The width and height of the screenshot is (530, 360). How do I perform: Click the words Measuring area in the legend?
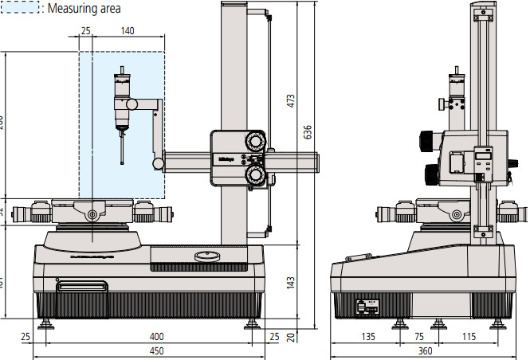[84, 10]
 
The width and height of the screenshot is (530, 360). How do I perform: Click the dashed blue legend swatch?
[22, 9]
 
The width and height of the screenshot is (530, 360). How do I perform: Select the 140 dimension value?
[128, 31]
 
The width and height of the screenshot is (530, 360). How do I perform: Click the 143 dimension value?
[291, 282]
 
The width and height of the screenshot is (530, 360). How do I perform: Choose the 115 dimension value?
[469, 338]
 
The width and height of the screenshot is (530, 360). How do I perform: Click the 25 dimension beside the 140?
[86, 31]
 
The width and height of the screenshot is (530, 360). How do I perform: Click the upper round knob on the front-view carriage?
[255, 142]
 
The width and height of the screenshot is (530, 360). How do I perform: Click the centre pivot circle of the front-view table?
[93, 214]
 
